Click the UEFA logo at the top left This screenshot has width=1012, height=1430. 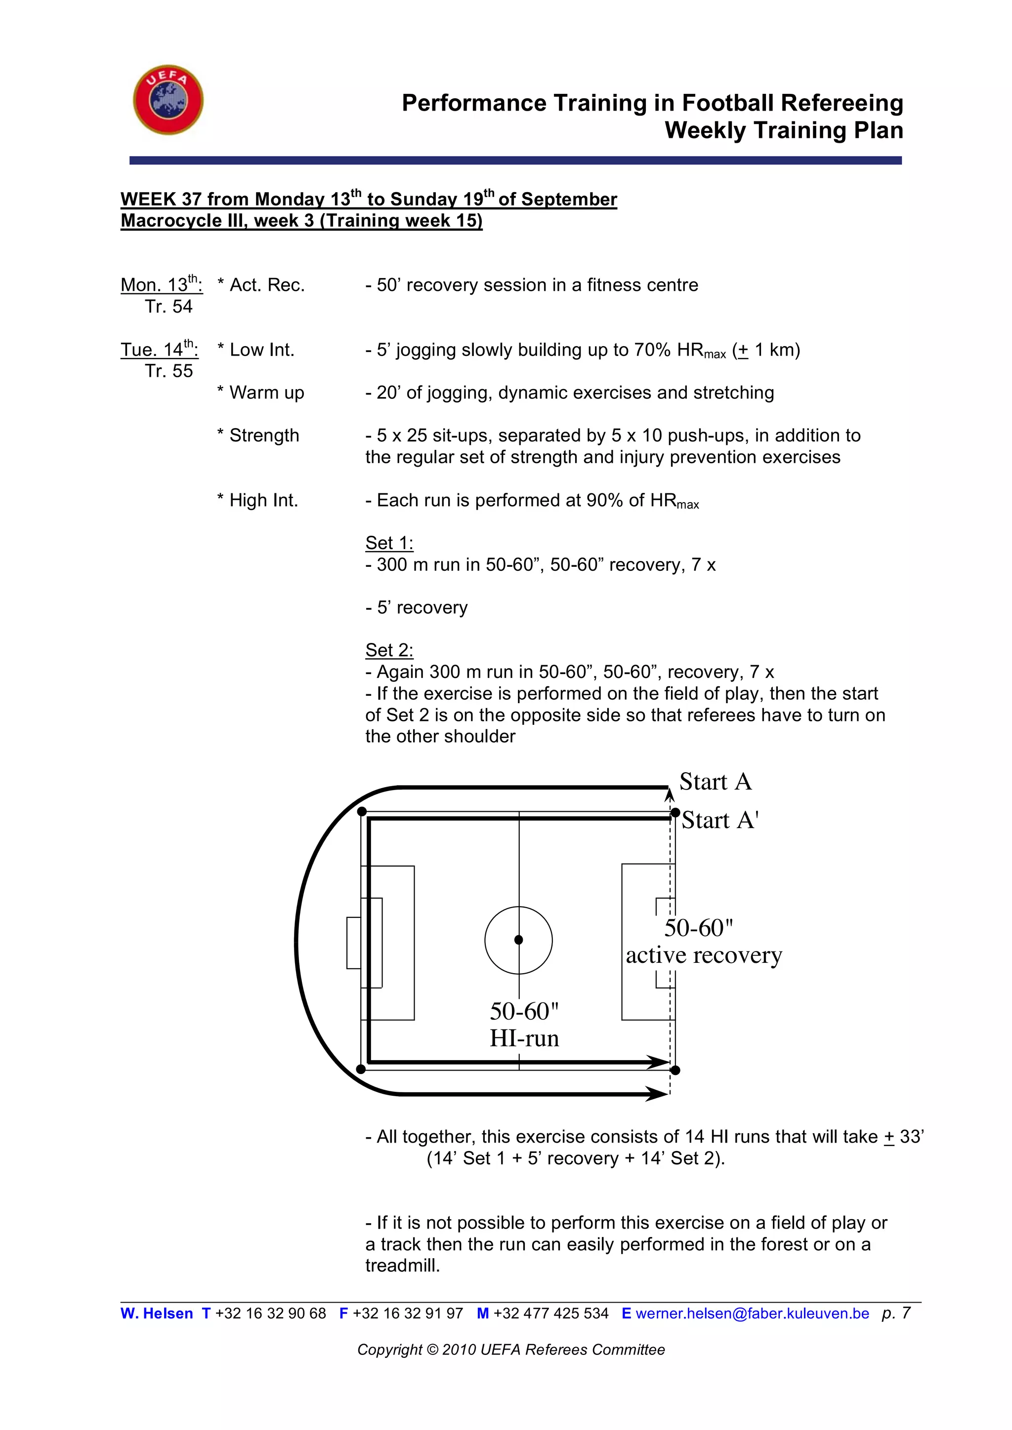click(168, 100)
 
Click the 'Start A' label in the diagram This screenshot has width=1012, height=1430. click(716, 782)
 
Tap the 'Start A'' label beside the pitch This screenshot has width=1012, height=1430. click(720, 820)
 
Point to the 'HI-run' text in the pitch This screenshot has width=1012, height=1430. click(524, 1038)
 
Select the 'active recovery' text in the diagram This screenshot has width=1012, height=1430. click(704, 955)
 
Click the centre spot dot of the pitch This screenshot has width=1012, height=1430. click(518, 940)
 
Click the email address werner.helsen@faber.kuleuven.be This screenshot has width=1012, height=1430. click(752, 1313)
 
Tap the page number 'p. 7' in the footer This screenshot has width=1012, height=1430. click(896, 1313)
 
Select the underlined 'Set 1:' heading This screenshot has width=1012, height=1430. click(389, 543)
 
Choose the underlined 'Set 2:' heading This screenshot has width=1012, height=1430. click(389, 650)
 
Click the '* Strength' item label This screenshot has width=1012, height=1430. click(258, 436)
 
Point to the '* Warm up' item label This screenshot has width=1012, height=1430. click(260, 393)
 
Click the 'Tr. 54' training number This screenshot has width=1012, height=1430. click(169, 307)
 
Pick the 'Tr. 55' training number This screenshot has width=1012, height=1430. click(169, 371)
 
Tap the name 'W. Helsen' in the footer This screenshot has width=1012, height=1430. click(157, 1313)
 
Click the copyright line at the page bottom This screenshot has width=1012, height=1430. click(511, 1350)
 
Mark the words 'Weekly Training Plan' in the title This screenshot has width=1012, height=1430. click(784, 130)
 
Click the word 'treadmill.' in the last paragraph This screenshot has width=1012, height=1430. click(403, 1266)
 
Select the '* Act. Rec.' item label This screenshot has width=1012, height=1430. click(261, 285)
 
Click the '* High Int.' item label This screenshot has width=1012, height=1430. click(257, 500)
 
